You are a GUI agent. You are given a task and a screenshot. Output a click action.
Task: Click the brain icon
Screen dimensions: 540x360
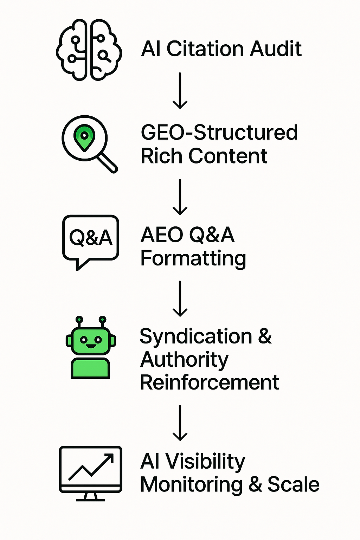[89, 50]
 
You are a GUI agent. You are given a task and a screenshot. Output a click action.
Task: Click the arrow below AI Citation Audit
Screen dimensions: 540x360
[180, 91]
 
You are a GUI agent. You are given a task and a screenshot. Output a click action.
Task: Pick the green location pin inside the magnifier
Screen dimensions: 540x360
[84, 136]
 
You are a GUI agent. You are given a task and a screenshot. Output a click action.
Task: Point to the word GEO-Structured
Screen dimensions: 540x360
[219, 133]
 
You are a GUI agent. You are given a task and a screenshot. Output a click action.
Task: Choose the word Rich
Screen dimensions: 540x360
[162, 156]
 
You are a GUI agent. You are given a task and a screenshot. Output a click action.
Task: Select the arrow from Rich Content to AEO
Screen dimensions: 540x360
[180, 197]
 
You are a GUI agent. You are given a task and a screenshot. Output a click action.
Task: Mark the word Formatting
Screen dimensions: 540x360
[193, 259]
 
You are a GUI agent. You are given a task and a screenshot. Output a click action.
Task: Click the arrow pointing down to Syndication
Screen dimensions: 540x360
[180, 298]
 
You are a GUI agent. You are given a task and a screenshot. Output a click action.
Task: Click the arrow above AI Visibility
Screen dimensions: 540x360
[180, 423]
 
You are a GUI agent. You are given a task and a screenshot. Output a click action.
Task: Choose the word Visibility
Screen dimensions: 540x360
[205, 461]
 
